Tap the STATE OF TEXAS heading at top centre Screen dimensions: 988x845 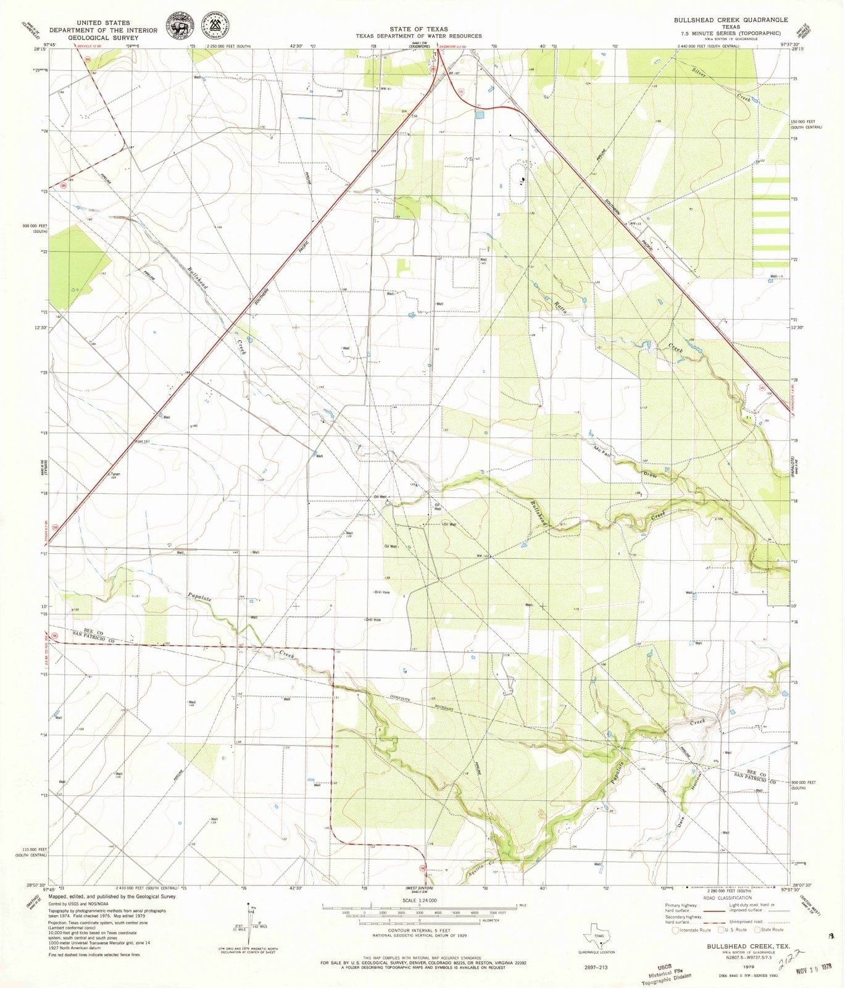coord(418,29)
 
